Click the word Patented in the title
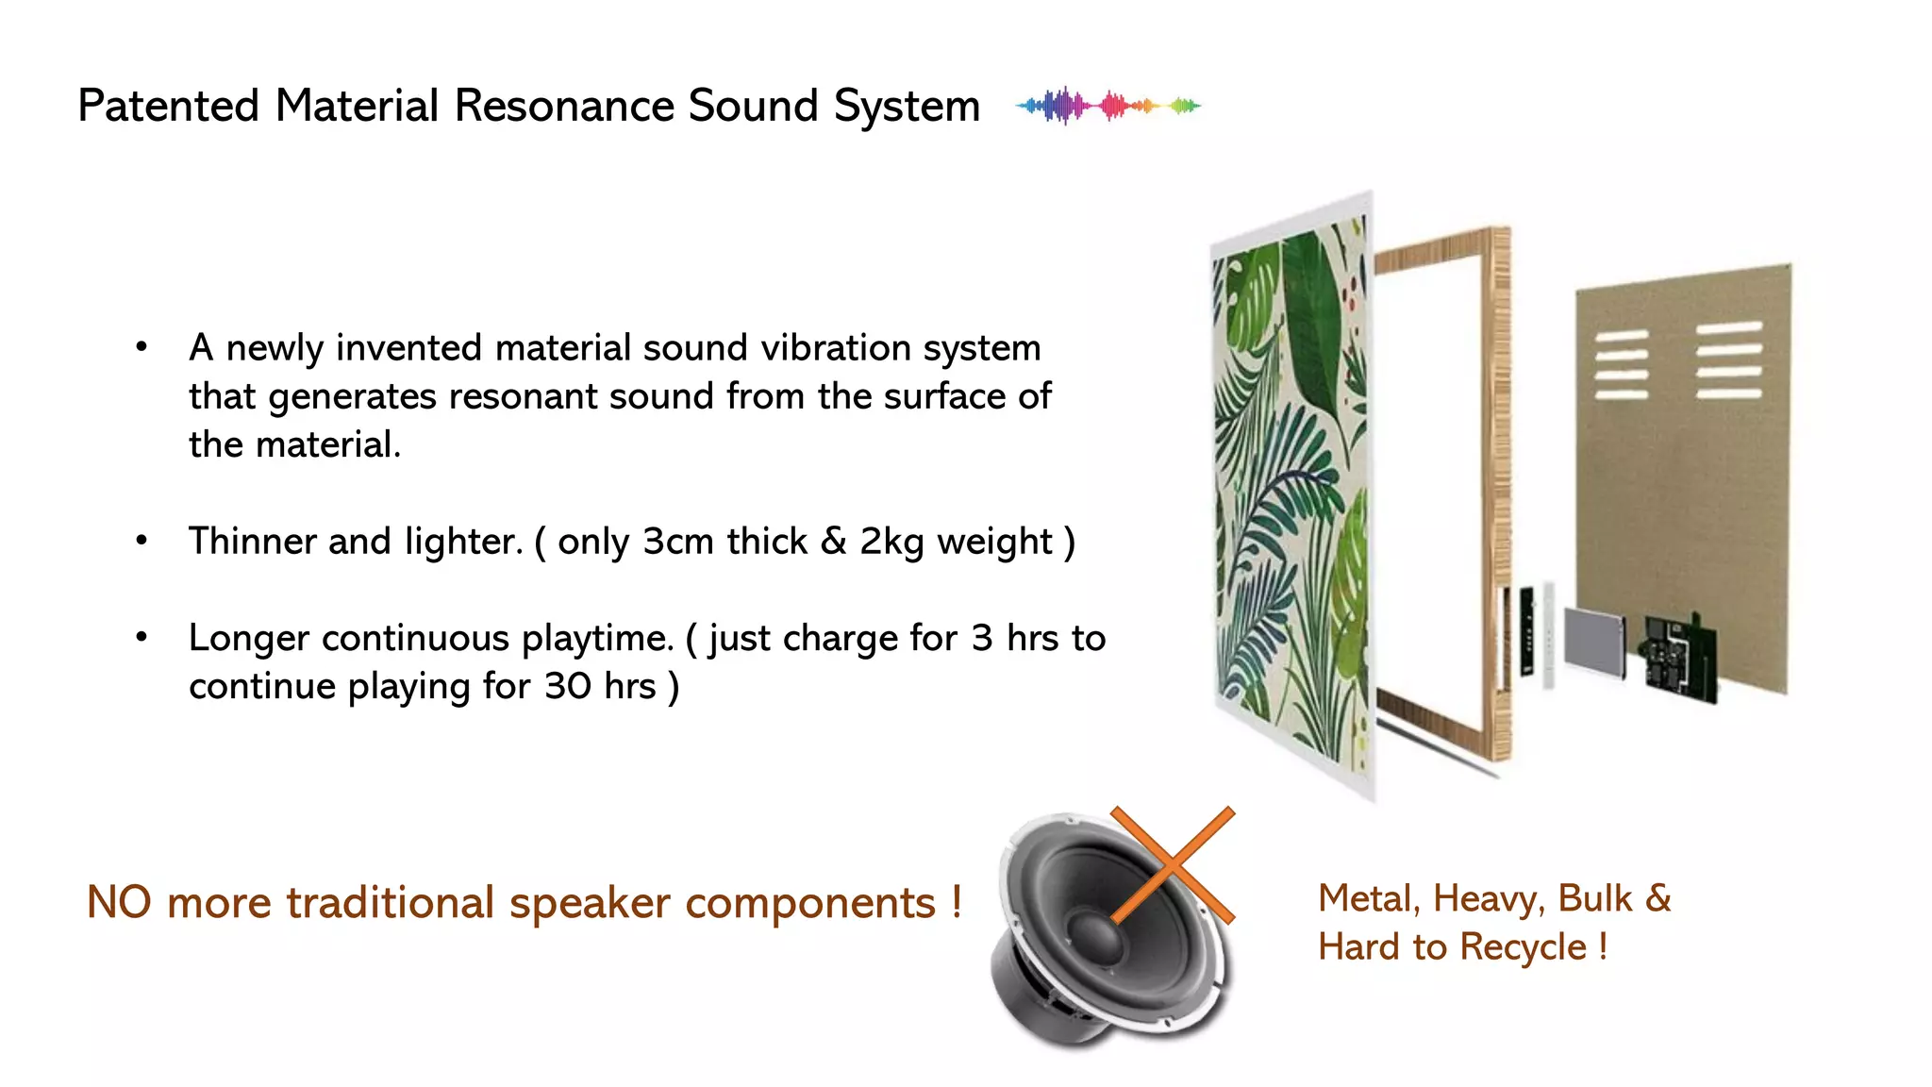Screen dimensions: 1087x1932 click(x=168, y=106)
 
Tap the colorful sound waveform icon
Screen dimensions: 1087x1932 click(x=1108, y=106)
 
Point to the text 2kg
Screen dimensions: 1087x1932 click(x=891, y=543)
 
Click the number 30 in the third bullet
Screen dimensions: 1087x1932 click(x=568, y=686)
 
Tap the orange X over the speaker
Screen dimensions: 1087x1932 click(x=1173, y=864)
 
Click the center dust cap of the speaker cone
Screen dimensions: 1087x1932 click(x=1094, y=934)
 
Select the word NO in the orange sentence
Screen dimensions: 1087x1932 click(x=119, y=902)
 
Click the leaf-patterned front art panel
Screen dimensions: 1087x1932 click(x=1291, y=491)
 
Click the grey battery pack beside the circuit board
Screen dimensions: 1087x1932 click(x=1594, y=642)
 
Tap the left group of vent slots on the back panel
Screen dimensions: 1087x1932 click(x=1621, y=364)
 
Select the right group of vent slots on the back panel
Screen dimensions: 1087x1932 click(x=1728, y=360)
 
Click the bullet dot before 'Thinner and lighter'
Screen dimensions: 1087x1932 click(x=142, y=542)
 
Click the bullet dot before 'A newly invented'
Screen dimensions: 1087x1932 click(x=142, y=347)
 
